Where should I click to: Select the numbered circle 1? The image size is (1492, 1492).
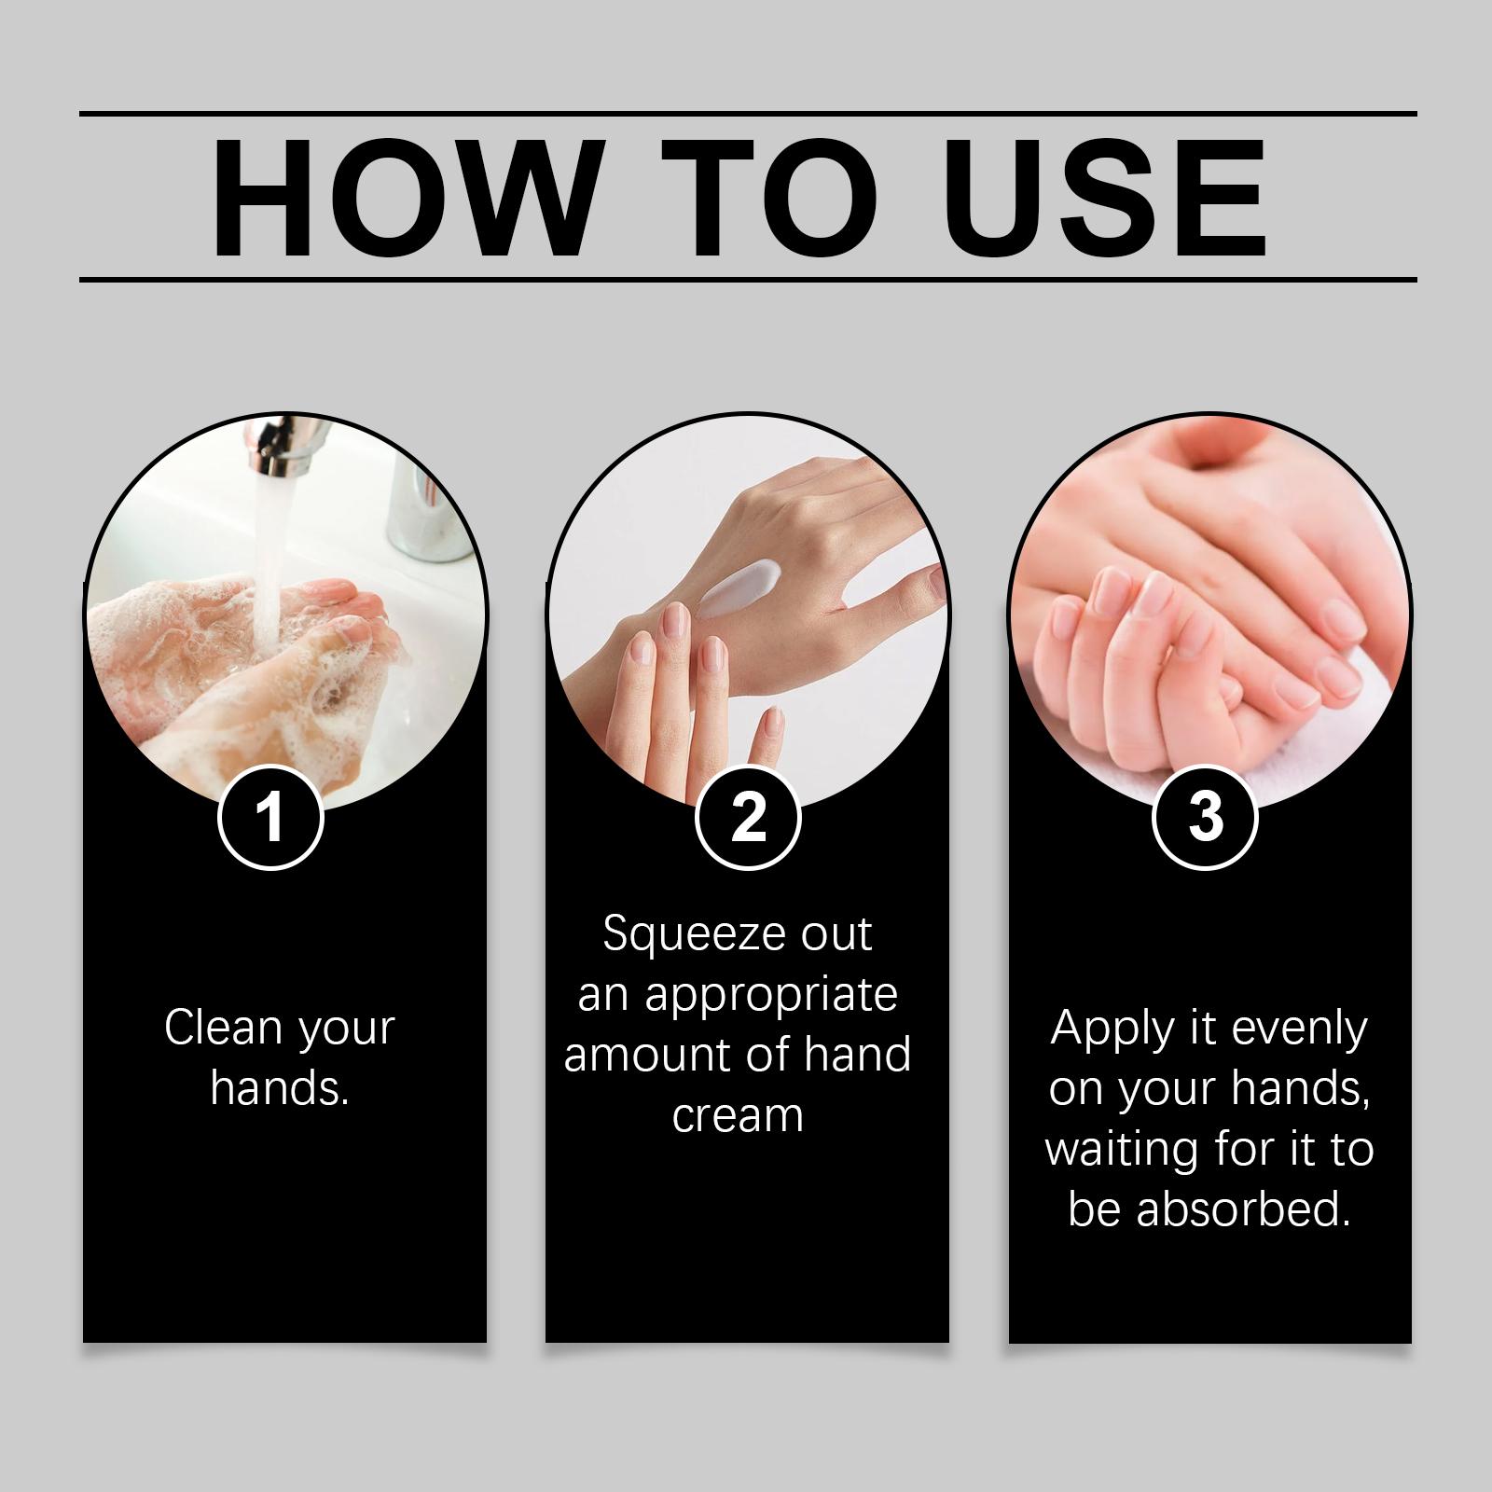pos(270,817)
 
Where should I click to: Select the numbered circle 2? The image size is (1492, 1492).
pos(748,817)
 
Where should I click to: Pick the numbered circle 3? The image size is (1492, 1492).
pos(1206,817)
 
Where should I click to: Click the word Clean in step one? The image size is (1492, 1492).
pos(223,1028)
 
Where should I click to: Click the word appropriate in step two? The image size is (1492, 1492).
pos(771,997)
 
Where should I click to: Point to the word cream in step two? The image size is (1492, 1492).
pos(738,1115)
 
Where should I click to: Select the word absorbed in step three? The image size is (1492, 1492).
pos(1243,1209)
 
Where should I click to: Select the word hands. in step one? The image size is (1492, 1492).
pos(280,1087)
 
